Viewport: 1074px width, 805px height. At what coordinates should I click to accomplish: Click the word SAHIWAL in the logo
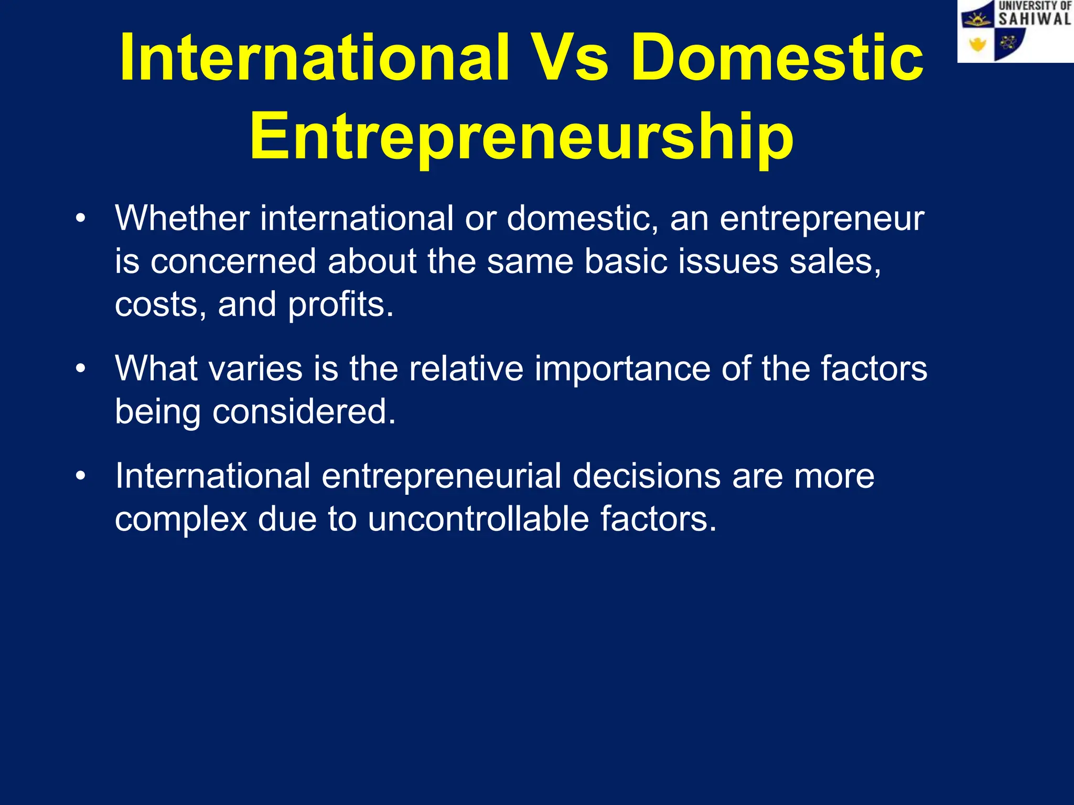coord(1035,19)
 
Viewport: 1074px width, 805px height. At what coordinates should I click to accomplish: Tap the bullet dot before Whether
coord(80,219)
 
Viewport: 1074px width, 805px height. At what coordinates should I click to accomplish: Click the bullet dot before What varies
coord(80,368)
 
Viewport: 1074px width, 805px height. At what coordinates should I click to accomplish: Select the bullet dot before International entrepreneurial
coord(80,476)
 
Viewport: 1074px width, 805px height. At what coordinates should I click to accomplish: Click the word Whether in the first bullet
coord(182,218)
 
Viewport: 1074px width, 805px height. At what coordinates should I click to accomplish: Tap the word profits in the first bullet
coord(340,304)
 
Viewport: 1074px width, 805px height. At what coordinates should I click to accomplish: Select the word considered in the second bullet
coord(304,411)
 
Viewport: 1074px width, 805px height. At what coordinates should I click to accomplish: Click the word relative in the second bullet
coord(466,368)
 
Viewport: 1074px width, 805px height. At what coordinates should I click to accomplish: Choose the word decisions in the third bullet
coord(646,476)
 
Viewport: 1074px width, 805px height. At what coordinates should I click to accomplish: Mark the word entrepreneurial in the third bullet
coord(441,476)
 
